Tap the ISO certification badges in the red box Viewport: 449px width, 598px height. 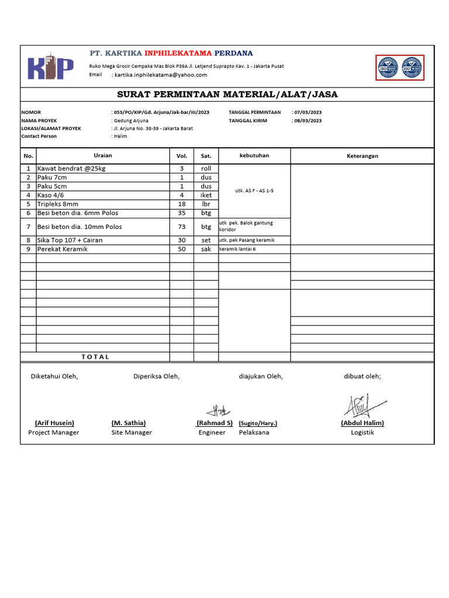tap(399, 67)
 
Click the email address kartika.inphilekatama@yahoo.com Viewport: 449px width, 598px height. tap(161, 75)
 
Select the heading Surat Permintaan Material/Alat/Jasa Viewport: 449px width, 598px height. tap(227, 95)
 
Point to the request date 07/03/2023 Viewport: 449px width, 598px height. tap(308, 112)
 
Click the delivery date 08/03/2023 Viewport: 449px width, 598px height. tap(308, 120)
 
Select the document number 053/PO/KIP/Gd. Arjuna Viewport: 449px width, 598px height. tap(161, 112)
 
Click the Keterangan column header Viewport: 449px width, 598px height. tap(362, 156)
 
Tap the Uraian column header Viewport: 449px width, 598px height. tap(103, 155)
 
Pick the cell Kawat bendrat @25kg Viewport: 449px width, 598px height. tap(71, 168)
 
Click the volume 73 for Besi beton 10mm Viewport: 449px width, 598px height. tap(181, 227)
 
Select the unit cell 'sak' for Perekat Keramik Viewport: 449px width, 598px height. tap(206, 249)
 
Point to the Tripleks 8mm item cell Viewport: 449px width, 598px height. tap(58, 204)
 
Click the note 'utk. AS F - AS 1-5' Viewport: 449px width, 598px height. tap(254, 191)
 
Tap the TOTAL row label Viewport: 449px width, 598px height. tap(95, 357)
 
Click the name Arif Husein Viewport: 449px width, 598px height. tap(54, 423)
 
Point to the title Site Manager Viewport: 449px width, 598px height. tap(132, 433)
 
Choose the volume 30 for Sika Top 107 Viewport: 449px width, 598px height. tap(181, 240)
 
